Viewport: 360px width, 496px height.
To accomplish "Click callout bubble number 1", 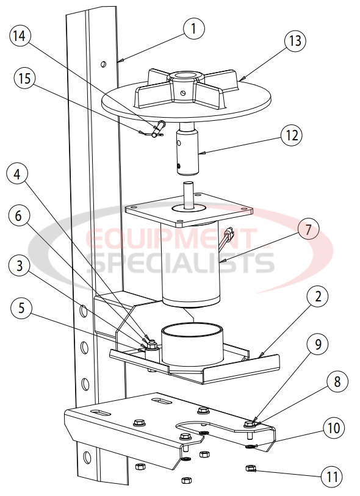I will coord(193,29).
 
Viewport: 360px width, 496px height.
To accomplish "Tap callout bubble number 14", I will coord(20,37).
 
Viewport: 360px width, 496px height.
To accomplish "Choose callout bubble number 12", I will coord(291,135).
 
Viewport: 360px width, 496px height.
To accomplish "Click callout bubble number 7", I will coord(308,230).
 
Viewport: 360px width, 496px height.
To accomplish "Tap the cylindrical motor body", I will coord(191,265).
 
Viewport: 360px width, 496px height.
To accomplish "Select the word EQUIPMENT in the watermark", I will coord(171,239).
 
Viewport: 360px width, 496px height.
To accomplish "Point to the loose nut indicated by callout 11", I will coord(249,469).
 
